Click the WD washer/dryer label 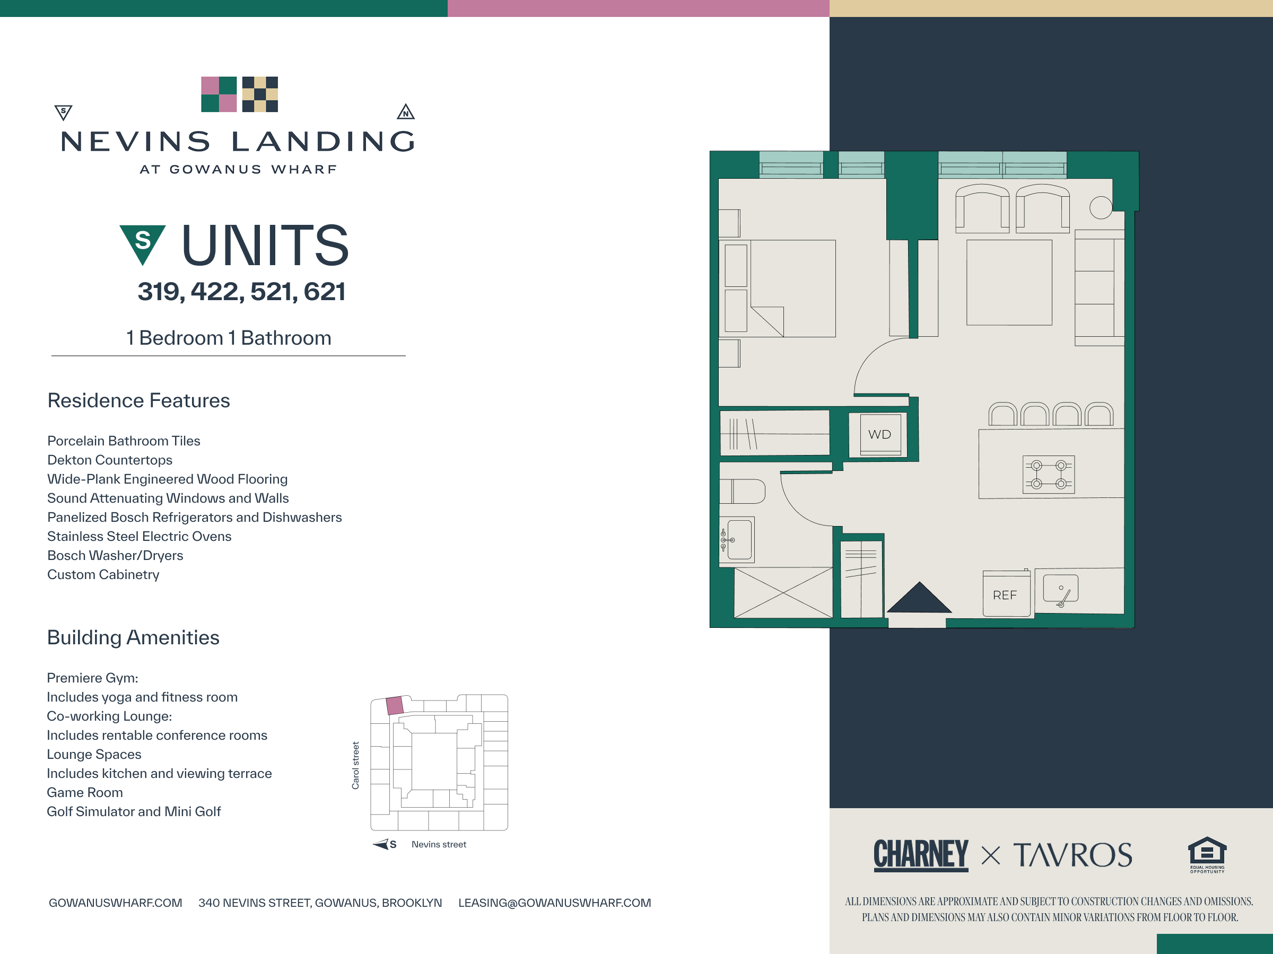point(879,434)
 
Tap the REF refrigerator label point(1005,595)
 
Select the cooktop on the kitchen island point(1049,475)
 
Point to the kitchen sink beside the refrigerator point(1061,590)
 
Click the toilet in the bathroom point(743,492)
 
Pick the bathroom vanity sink point(738,540)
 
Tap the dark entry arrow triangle point(919,597)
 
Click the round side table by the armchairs point(1101,207)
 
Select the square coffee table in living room point(1009,283)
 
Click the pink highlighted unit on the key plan point(394,705)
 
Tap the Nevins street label point(439,844)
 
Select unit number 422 point(217,292)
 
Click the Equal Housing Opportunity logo point(1207,854)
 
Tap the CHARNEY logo point(921,854)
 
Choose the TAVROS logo point(1073,854)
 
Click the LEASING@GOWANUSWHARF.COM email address point(555,903)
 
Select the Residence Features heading point(138,400)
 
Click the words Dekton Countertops point(110,460)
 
